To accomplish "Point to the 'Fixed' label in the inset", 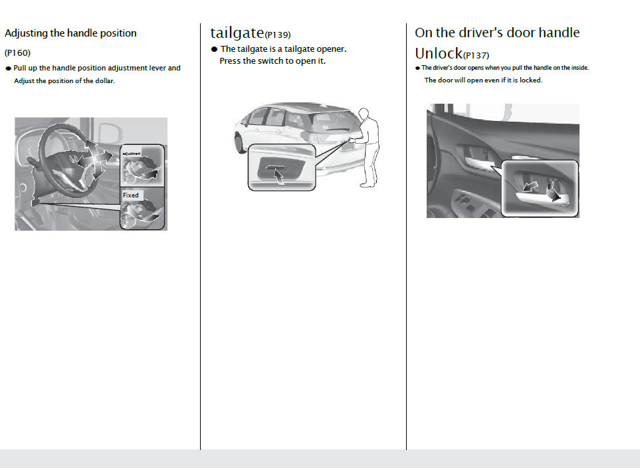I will [131, 195].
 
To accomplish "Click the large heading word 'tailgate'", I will [237, 33].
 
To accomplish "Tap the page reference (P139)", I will [278, 35].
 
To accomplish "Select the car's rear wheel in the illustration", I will [241, 142].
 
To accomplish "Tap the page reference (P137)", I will [476, 55].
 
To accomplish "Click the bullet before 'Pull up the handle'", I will [8, 68].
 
